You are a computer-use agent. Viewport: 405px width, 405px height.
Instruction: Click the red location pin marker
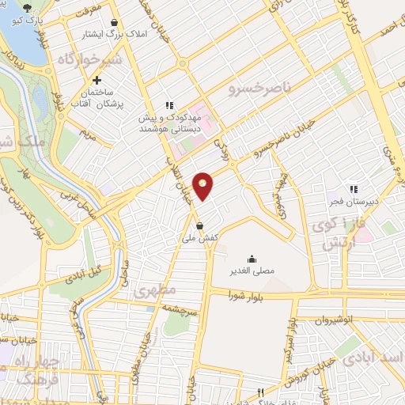pyautogui.click(x=203, y=187)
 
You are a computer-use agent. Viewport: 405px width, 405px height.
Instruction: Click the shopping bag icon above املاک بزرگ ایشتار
pyautogui.click(x=116, y=23)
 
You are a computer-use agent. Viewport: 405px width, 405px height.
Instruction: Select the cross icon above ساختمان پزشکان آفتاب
pyautogui.click(x=97, y=80)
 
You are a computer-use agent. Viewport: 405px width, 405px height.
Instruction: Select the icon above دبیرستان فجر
pyautogui.click(x=354, y=189)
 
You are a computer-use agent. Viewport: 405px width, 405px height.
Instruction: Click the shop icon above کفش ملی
pyautogui.click(x=200, y=223)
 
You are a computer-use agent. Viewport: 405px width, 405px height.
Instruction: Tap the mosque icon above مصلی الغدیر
pyautogui.click(x=252, y=259)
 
